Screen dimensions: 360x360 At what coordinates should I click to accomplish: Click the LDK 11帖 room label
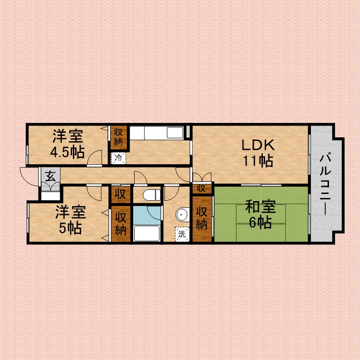pyautogui.click(x=258, y=153)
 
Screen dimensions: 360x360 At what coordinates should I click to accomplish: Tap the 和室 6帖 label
pyautogui.click(x=261, y=214)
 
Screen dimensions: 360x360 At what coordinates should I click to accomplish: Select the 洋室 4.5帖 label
pyautogui.click(x=67, y=144)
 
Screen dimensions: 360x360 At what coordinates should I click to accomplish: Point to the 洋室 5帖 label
pyautogui.click(x=71, y=220)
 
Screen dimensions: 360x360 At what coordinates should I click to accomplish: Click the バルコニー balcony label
pyautogui.click(x=325, y=184)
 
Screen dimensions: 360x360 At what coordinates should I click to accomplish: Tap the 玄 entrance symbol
pyautogui.click(x=50, y=177)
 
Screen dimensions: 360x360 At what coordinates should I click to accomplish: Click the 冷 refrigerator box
pyautogui.click(x=118, y=158)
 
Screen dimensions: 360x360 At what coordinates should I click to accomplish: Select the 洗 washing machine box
pyautogui.click(x=182, y=234)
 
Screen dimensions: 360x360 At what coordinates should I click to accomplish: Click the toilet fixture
pyautogui.click(x=152, y=195)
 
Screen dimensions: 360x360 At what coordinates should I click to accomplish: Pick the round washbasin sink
pyautogui.click(x=183, y=215)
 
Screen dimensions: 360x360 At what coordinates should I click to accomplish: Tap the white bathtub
pyautogui.click(x=147, y=233)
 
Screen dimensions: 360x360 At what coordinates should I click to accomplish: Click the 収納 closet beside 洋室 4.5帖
pyautogui.click(x=118, y=137)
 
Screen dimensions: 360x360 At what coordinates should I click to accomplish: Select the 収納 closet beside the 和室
pyautogui.click(x=202, y=218)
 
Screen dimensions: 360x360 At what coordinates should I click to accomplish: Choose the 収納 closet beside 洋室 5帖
pyautogui.click(x=121, y=223)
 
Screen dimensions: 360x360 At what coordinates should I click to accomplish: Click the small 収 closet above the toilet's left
pyautogui.click(x=121, y=194)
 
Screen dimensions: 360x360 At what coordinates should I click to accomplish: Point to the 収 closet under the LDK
pyautogui.click(x=202, y=189)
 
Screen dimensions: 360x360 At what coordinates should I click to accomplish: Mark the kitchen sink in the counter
pyautogui.click(x=175, y=133)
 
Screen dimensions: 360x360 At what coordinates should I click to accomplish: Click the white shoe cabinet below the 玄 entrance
pyautogui.click(x=50, y=196)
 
